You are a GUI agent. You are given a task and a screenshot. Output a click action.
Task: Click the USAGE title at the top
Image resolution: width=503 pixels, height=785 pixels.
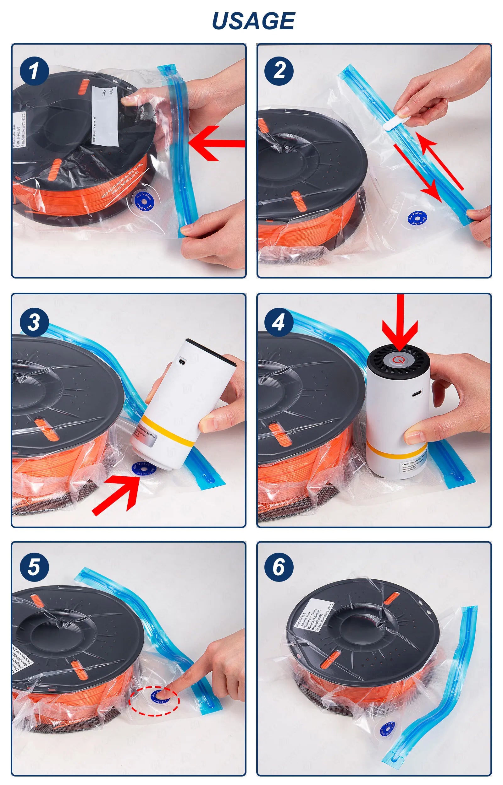coord(253,20)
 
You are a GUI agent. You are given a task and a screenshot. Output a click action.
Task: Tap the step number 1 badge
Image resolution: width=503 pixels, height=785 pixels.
coord(34,71)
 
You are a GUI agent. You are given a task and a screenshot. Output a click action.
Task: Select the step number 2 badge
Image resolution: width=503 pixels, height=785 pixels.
coord(279,71)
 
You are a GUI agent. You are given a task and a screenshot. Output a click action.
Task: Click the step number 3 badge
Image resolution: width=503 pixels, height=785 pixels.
coord(34,322)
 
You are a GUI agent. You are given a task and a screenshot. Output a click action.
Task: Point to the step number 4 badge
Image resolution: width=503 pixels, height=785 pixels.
coord(279,322)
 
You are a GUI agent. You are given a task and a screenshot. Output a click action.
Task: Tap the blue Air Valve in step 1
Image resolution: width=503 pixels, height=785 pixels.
coord(144,200)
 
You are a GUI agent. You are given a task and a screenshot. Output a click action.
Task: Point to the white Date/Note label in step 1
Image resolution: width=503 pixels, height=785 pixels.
coord(106,116)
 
